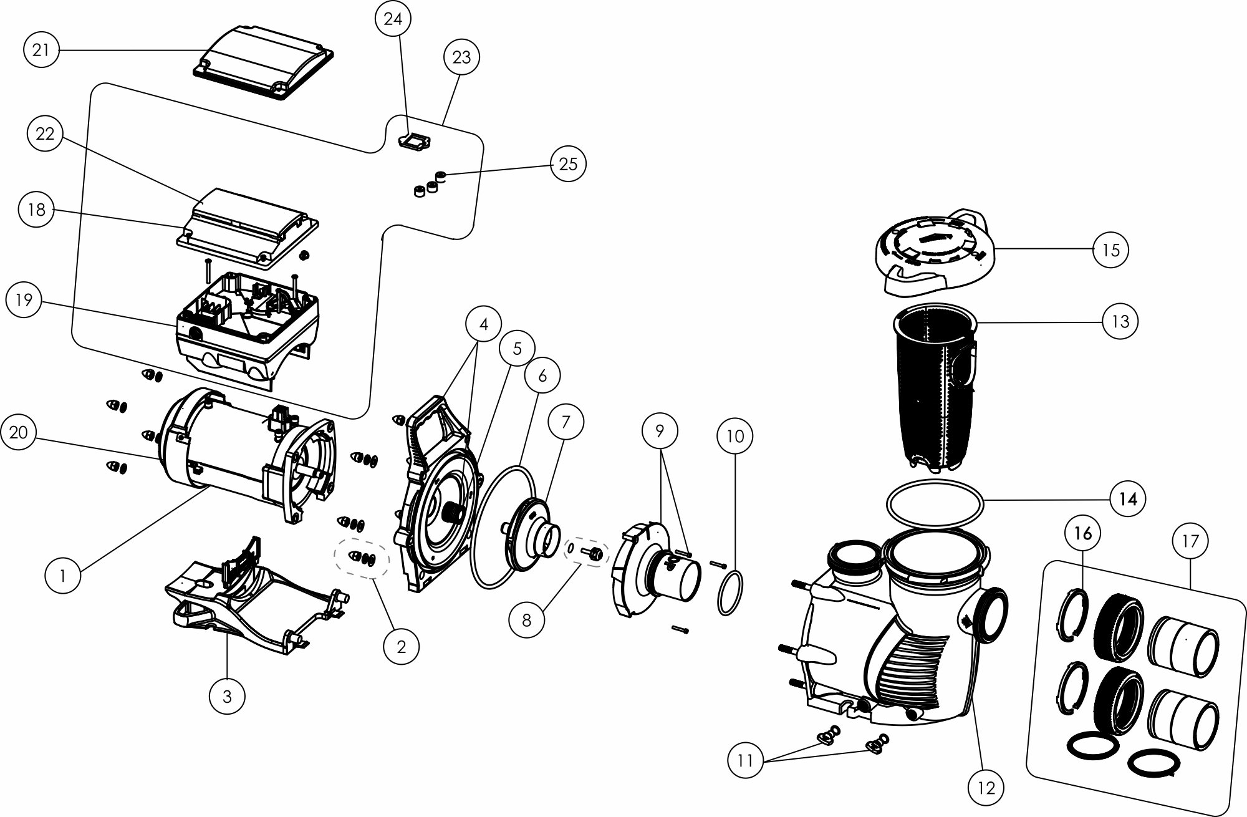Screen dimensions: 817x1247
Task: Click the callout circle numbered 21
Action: click(x=41, y=50)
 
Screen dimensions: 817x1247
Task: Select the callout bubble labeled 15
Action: click(x=1111, y=250)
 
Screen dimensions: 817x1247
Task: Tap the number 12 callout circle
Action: click(x=987, y=788)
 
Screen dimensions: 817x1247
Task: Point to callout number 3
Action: click(x=227, y=696)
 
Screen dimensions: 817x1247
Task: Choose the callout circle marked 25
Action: click(x=568, y=164)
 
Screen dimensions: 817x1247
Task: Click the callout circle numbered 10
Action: click(x=735, y=437)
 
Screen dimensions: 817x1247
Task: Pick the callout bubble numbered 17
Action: click(x=1190, y=541)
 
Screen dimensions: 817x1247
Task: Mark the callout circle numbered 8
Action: click(x=526, y=621)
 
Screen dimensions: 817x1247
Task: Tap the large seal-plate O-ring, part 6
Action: click(x=480, y=561)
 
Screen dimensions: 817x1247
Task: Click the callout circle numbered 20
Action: click(x=19, y=432)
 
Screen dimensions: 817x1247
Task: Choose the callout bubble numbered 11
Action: click(x=746, y=760)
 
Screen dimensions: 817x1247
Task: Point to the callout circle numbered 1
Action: click(x=63, y=576)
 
